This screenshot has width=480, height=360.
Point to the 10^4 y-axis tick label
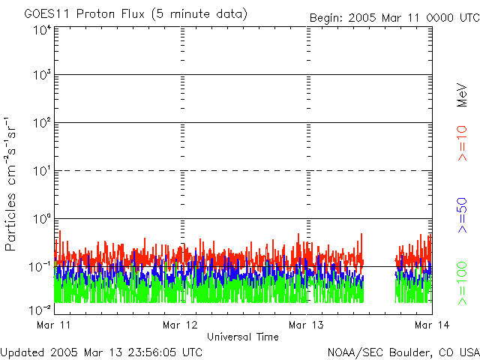tap(42, 30)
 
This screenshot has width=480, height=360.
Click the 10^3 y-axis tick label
tap(42, 75)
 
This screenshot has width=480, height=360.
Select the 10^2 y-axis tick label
tap(42, 123)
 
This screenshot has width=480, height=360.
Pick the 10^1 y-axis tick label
tap(42, 171)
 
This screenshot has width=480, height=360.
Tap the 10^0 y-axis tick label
tap(42, 219)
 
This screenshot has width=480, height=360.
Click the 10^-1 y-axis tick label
tap(41, 266)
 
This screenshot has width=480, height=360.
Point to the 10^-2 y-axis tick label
tap(41, 309)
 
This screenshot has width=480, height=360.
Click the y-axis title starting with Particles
tap(11, 184)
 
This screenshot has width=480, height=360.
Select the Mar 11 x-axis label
tap(53, 325)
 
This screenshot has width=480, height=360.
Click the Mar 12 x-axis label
tap(180, 325)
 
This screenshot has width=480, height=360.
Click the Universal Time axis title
tap(242, 337)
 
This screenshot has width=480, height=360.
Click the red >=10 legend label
tap(463, 142)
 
